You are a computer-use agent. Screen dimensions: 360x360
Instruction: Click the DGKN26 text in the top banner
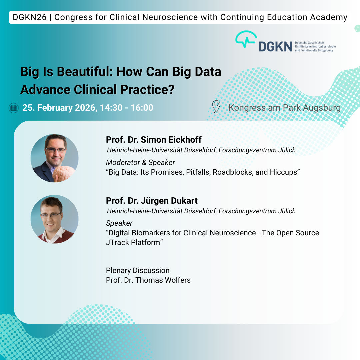pyautogui.click(x=30, y=17)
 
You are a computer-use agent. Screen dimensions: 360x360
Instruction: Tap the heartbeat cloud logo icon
pyautogui.click(x=246, y=39)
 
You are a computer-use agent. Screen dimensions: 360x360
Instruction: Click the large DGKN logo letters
pyautogui.click(x=275, y=47)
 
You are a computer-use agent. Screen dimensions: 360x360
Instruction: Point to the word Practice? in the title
pyautogui.click(x=147, y=90)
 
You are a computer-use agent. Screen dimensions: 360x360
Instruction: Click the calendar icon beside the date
pyautogui.click(x=14, y=108)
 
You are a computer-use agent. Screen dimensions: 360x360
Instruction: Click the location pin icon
pyautogui.click(x=216, y=107)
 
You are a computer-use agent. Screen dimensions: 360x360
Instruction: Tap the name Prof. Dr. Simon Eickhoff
pyautogui.click(x=154, y=140)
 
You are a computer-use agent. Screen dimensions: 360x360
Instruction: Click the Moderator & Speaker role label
pyautogui.click(x=140, y=162)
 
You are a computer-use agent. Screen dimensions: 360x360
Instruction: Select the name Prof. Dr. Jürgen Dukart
pyautogui.click(x=152, y=201)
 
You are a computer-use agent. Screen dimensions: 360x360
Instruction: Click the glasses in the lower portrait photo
pyautogui.click(x=51, y=215)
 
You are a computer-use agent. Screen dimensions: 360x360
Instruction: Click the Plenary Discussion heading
pyautogui.click(x=138, y=270)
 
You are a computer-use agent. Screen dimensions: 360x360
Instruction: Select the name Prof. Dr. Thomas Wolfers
pyautogui.click(x=148, y=280)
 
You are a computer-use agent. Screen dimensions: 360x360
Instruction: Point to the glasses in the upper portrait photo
pyautogui.click(x=55, y=150)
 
